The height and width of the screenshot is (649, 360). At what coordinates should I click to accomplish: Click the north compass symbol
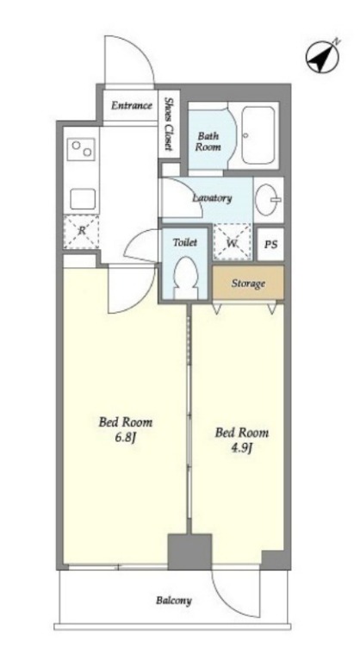pos(323,56)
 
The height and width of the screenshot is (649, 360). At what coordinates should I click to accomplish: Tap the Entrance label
pos(132,105)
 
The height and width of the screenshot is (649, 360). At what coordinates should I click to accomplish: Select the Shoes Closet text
pos(169,124)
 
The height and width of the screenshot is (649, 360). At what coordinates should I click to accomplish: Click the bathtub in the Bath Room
pos(258,135)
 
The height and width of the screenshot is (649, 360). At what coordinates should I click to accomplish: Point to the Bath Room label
pos(208,141)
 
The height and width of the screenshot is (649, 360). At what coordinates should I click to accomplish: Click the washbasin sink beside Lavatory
pos(268,200)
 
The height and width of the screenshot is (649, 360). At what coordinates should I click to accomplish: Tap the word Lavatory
pos(212,198)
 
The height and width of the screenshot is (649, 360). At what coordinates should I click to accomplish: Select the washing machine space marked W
pos(233,241)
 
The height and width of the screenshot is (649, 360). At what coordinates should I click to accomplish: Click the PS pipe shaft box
pos(270,244)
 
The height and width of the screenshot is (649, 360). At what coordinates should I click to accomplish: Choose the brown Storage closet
pos(248,283)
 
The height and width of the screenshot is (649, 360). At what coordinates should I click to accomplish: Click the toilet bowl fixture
pos(185,277)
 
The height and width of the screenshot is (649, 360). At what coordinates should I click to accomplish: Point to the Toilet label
pos(185,242)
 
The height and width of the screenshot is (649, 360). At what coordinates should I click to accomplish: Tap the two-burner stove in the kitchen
pos(81,149)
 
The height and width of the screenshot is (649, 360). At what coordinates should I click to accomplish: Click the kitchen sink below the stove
pos(83,199)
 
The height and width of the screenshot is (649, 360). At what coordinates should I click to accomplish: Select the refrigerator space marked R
pos(81,231)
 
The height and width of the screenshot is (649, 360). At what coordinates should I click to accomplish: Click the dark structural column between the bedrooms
pos(189,552)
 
